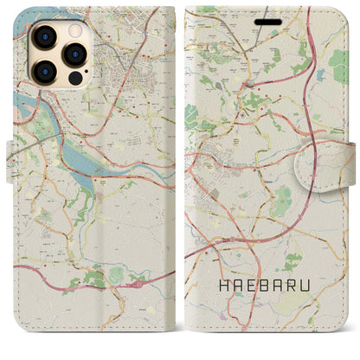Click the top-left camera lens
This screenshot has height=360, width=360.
coord(43,35)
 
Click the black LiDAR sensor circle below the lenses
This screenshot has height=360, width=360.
coord(72,74)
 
